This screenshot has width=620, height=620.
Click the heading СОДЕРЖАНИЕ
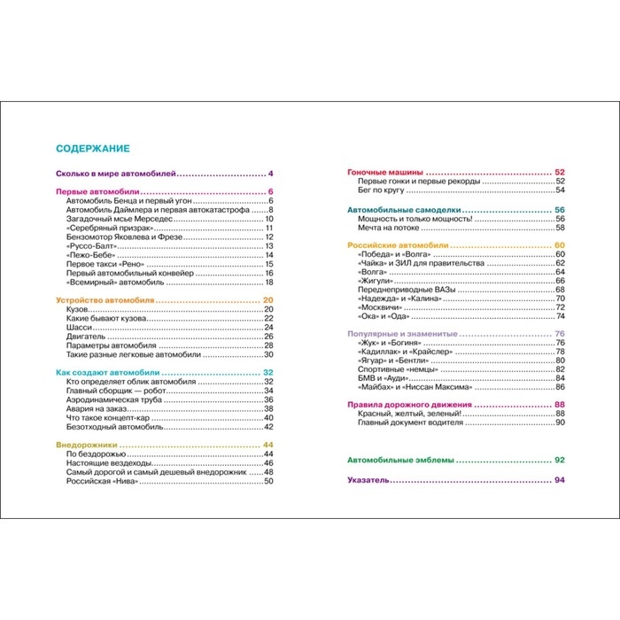click(x=93, y=149)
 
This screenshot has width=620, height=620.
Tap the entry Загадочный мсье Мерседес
click(x=119, y=219)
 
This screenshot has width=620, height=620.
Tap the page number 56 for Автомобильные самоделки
click(x=560, y=209)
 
